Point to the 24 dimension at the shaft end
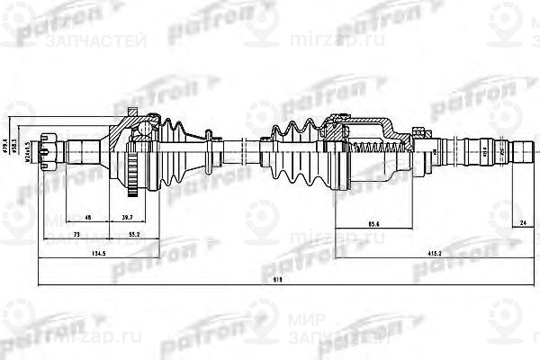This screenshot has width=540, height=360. [x=522, y=222]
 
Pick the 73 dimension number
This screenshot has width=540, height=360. [x=75, y=233]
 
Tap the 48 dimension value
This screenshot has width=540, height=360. [x=86, y=217]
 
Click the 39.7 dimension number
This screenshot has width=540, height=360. [x=128, y=217]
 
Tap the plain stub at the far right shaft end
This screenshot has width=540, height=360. [x=521, y=148]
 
